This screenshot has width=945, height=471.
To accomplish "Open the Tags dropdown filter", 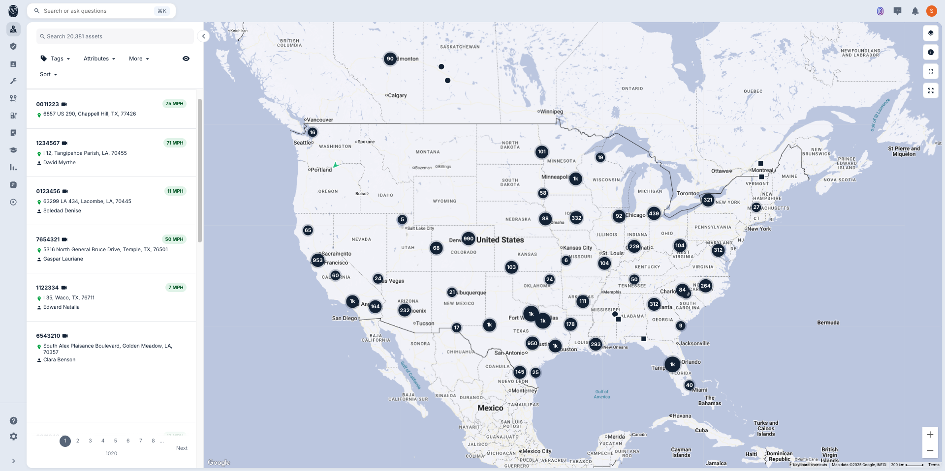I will click(x=56, y=59).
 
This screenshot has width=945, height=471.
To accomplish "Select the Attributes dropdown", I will click(x=99, y=59).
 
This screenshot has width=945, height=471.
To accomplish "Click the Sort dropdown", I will click(x=48, y=74).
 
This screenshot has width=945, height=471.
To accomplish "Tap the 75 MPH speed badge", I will click(x=174, y=104).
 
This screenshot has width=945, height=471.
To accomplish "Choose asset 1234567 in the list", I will click(x=48, y=143).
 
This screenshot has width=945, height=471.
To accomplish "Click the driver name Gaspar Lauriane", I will click(x=63, y=259).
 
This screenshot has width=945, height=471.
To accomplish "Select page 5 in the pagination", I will click(x=115, y=441).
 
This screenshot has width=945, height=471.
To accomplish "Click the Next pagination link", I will click(x=182, y=448).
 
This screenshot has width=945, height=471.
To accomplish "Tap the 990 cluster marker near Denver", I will click(x=468, y=239).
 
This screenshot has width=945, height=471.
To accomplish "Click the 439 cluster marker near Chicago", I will click(x=654, y=213).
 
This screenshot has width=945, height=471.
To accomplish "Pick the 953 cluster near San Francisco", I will click(x=317, y=261).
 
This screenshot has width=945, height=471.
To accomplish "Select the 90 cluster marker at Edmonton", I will click(x=390, y=59).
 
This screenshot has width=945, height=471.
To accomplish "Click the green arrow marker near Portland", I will click(x=336, y=165).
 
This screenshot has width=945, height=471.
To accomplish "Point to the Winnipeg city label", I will click(x=552, y=112).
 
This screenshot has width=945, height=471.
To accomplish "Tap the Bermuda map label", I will click(x=828, y=323).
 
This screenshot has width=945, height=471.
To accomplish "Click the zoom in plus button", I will click(x=930, y=435).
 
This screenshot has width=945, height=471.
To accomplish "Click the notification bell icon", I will click(x=915, y=11).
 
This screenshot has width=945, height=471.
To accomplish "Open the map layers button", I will click(x=930, y=33).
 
